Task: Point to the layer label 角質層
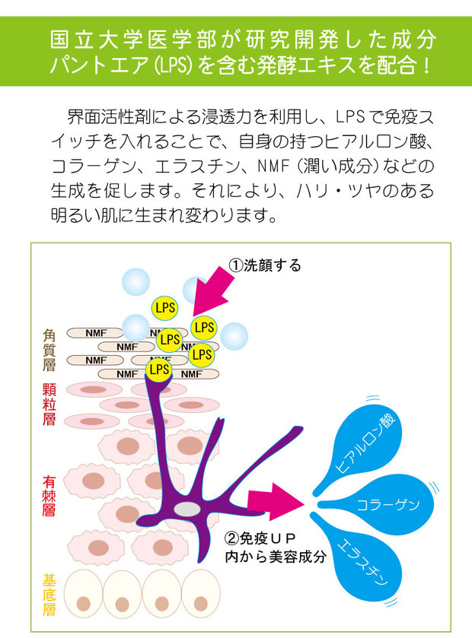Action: [x=49, y=350]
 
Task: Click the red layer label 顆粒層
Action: [x=49, y=405]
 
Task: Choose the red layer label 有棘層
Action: [x=49, y=496]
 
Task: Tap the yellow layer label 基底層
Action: [x=49, y=595]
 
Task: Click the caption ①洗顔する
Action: [x=265, y=265]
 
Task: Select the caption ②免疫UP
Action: [x=260, y=538]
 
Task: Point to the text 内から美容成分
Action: [x=276, y=556]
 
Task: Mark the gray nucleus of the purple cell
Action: [x=187, y=509]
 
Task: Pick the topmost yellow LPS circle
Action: [x=164, y=308]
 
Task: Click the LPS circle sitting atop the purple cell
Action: [x=159, y=370]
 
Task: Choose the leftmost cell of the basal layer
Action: [x=84, y=594]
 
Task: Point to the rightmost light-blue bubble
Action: [x=234, y=336]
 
